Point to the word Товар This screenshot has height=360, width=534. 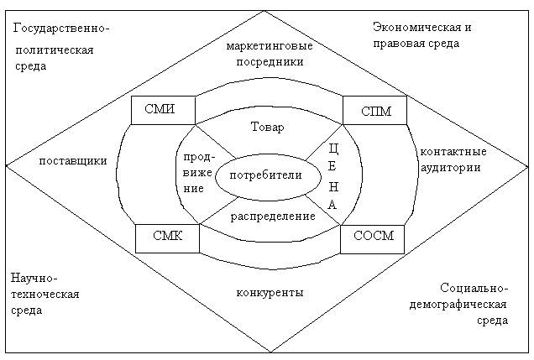267,127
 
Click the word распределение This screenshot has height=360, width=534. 273,217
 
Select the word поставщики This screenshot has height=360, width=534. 73,160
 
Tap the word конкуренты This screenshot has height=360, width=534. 270,292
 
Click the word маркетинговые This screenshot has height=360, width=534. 270,46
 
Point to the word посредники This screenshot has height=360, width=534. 270,62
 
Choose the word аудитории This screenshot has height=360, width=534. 451,168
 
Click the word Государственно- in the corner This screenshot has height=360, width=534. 61,28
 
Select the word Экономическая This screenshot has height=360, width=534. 416,27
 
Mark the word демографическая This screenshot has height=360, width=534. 458,305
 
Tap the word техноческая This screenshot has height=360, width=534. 45,294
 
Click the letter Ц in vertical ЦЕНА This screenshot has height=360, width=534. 334,149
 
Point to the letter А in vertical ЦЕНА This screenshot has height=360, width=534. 332,205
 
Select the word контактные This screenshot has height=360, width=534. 453,151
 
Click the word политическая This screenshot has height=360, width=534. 55,50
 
